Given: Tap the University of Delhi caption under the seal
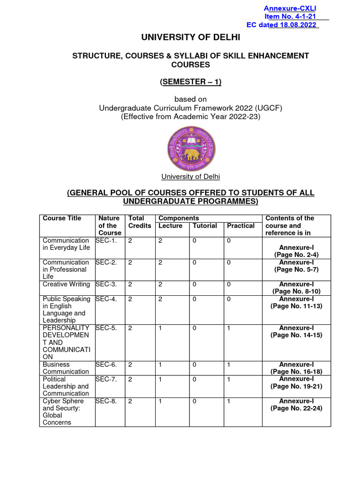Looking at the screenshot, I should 191,177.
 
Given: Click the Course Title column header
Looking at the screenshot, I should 62,218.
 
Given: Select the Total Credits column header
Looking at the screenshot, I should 140,222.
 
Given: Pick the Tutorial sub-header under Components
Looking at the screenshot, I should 205,225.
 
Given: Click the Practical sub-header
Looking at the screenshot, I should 240,225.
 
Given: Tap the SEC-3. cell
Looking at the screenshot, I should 106,284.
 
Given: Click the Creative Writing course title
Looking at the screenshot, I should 66,284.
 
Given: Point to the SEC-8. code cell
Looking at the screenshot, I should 106,401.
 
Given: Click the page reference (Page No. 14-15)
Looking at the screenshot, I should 296,335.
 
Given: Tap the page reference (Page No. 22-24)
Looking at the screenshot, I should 296,408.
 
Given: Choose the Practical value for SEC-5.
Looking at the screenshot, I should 229,328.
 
